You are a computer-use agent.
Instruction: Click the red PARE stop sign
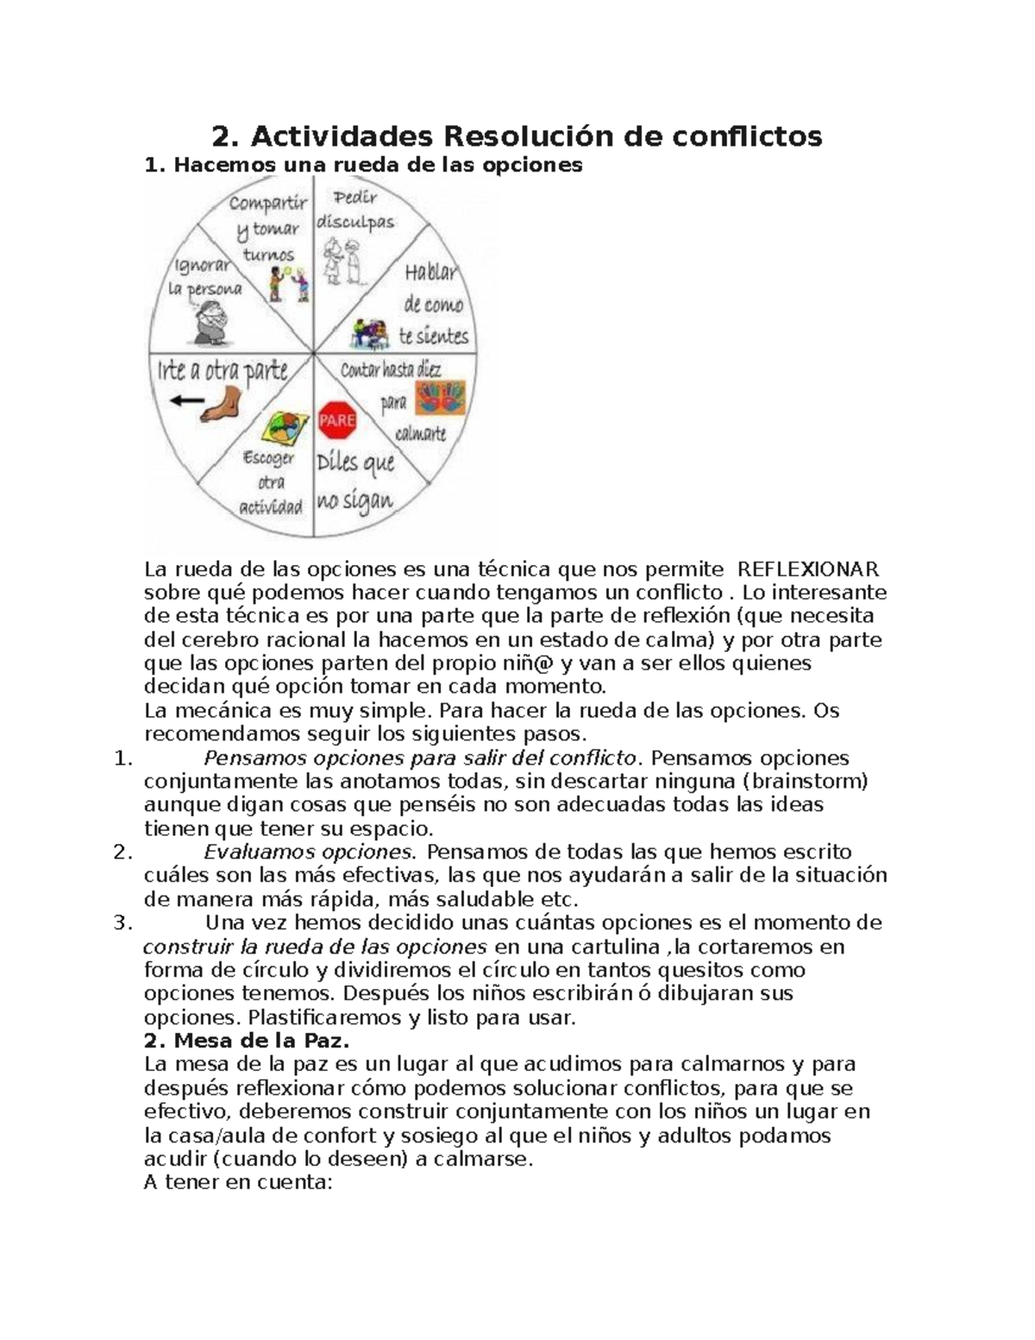tap(337, 421)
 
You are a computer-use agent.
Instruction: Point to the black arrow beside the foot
tap(186, 400)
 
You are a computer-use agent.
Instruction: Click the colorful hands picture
tap(440, 399)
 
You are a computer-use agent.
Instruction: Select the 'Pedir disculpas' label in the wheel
tap(355, 210)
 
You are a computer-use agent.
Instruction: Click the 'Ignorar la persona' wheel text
tap(205, 277)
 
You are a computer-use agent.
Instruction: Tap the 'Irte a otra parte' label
tap(222, 371)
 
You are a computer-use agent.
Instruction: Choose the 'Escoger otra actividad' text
tap(270, 482)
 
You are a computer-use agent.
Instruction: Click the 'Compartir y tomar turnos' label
tap(268, 229)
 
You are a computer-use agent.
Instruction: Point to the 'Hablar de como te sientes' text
tap(434, 304)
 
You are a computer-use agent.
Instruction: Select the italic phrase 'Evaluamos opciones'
tap(308, 852)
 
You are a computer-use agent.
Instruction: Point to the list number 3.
tap(122, 923)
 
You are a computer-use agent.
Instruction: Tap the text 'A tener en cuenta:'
tap(237, 1182)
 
